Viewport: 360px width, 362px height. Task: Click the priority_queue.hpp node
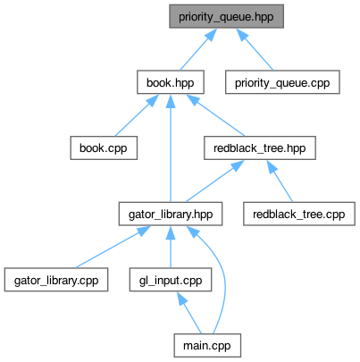click(x=226, y=16)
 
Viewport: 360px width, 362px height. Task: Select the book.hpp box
click(x=171, y=82)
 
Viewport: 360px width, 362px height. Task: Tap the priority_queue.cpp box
click(x=282, y=82)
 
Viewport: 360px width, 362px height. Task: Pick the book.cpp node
click(x=104, y=148)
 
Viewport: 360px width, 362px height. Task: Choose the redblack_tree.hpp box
click(x=260, y=148)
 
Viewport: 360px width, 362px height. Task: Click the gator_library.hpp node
click(x=171, y=214)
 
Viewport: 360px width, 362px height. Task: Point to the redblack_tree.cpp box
click(x=299, y=214)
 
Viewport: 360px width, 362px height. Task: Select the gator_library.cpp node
click(x=56, y=280)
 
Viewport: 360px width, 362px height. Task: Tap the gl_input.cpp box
click(x=171, y=280)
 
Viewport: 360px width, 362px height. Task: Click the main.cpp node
click(x=207, y=346)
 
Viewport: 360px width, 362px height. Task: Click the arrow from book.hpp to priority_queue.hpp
click(x=198, y=49)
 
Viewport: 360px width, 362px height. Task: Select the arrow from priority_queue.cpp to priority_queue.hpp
click(x=255, y=49)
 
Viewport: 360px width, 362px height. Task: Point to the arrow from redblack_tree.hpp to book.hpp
click(x=215, y=115)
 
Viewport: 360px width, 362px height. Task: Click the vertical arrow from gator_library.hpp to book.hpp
click(x=171, y=148)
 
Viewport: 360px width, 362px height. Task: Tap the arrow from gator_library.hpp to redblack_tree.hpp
click(x=215, y=181)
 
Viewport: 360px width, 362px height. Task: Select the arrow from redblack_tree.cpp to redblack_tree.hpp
click(x=280, y=181)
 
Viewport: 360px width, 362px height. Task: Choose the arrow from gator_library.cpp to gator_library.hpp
click(x=113, y=247)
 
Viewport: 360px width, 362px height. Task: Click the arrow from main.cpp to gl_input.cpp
click(x=189, y=313)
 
